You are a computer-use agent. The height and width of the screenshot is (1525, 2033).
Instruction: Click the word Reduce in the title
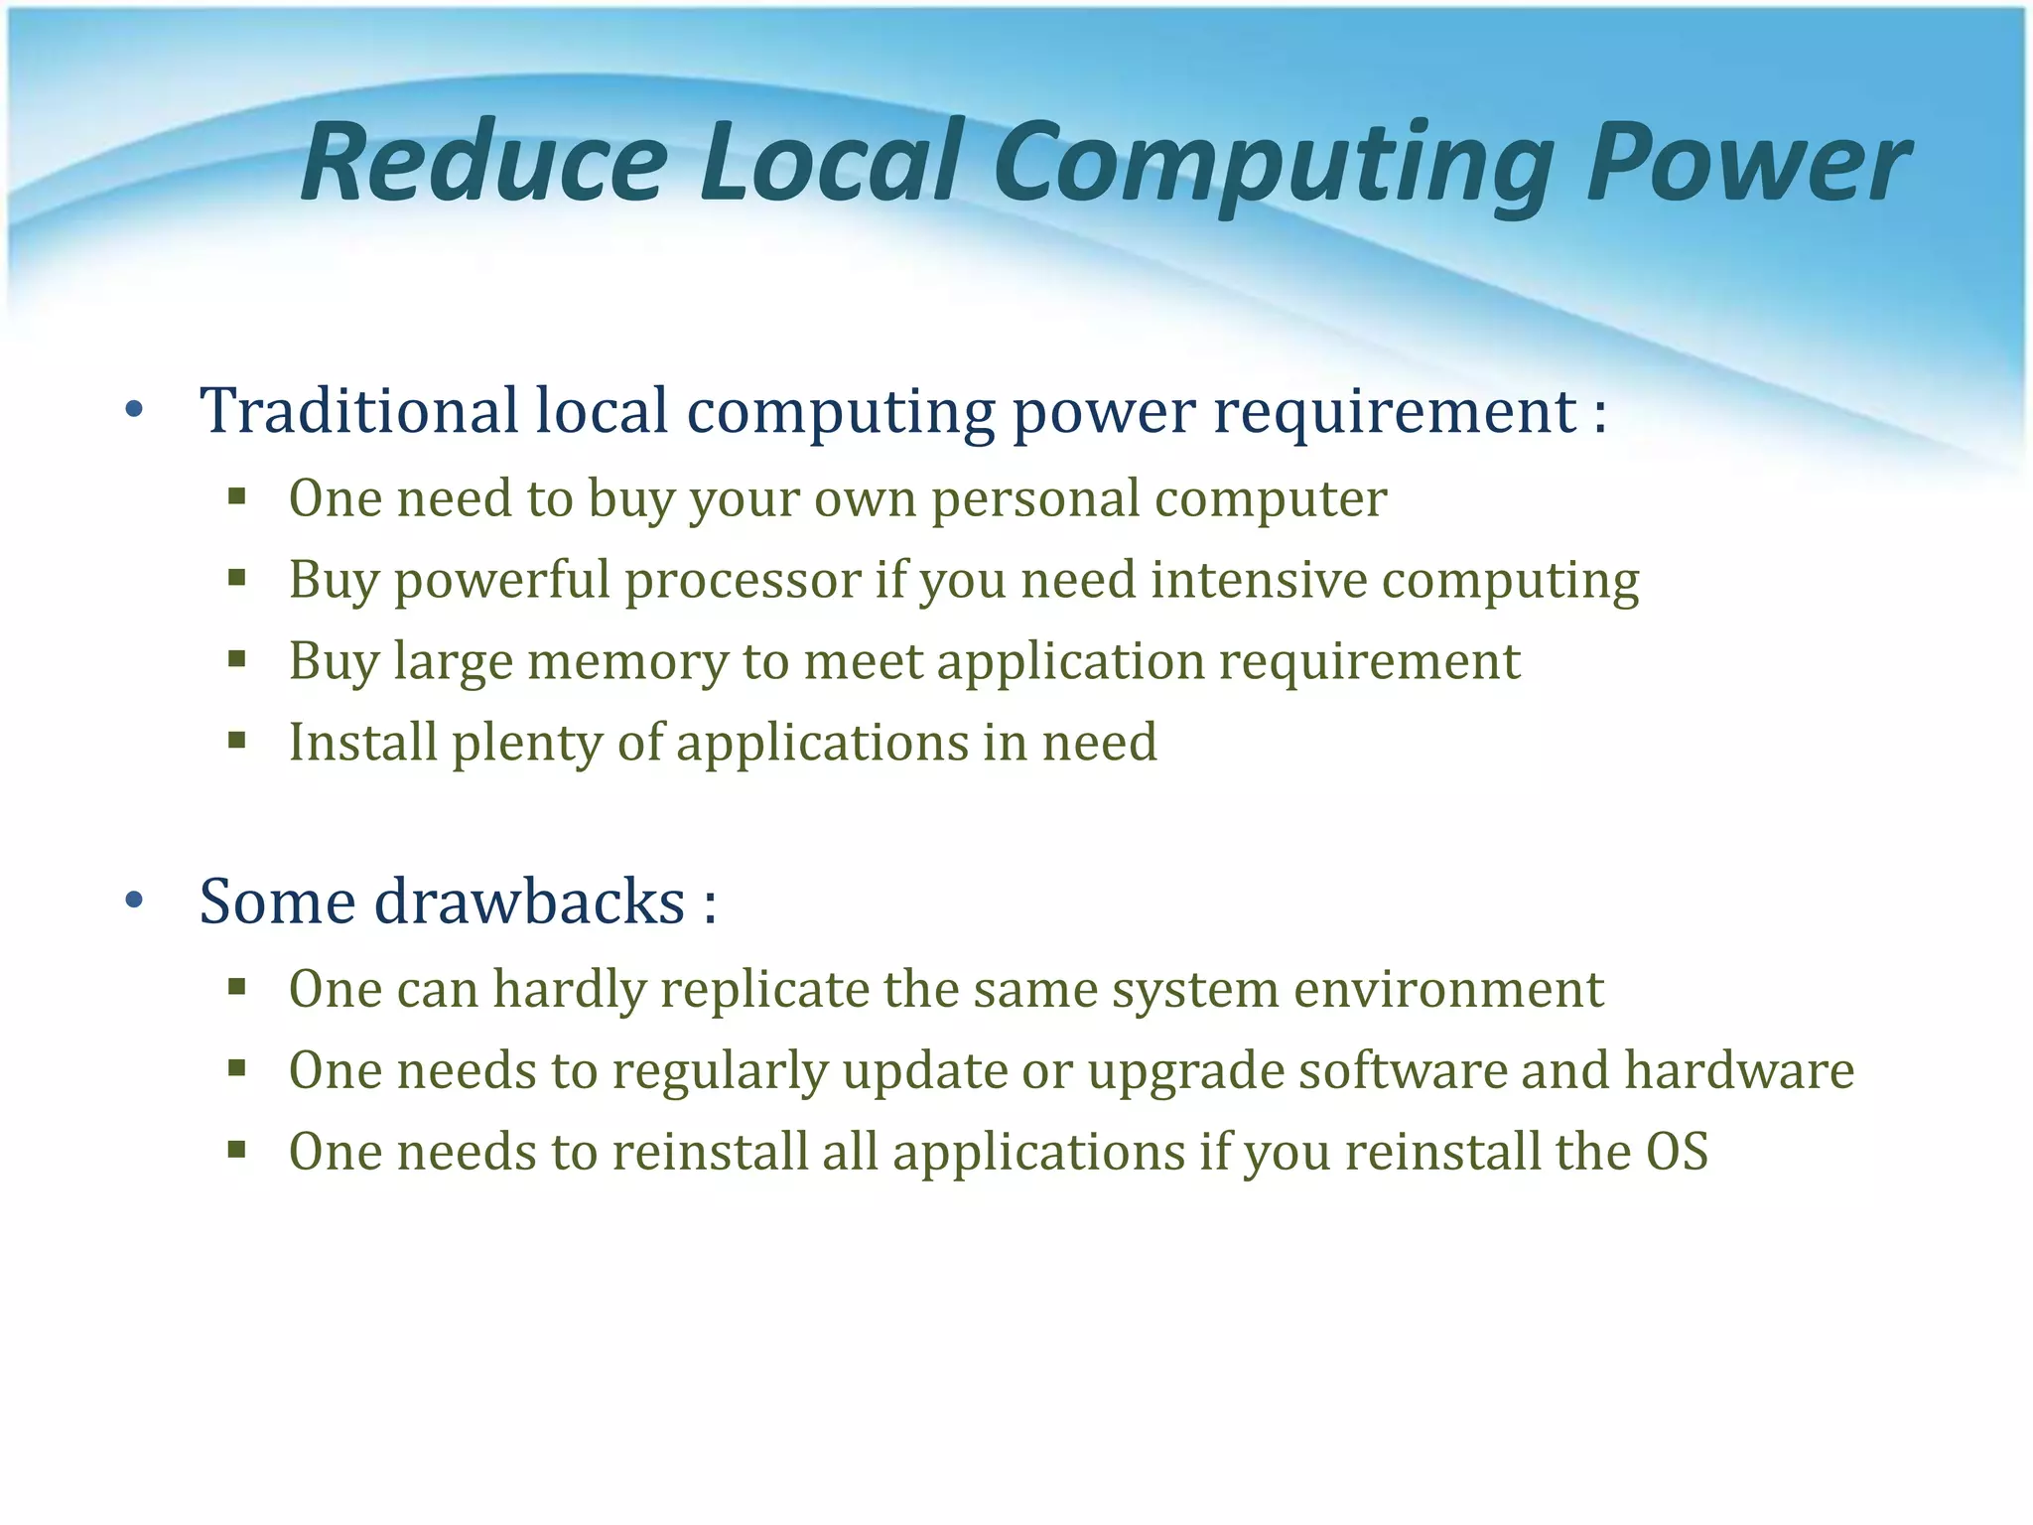click(484, 162)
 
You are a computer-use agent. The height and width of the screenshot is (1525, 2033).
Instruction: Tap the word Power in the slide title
click(1747, 162)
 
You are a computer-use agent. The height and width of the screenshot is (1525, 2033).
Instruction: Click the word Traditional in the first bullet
click(358, 410)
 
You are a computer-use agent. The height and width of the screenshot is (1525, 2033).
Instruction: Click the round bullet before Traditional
click(134, 410)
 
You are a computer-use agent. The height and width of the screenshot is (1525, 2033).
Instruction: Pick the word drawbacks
click(530, 901)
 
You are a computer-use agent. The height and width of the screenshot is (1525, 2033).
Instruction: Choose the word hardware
click(1738, 1070)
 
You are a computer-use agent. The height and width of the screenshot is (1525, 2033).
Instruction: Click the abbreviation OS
click(1677, 1152)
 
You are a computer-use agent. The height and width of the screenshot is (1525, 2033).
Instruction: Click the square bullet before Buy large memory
click(236, 659)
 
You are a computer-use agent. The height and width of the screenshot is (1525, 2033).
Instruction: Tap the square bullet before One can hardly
click(236, 987)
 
